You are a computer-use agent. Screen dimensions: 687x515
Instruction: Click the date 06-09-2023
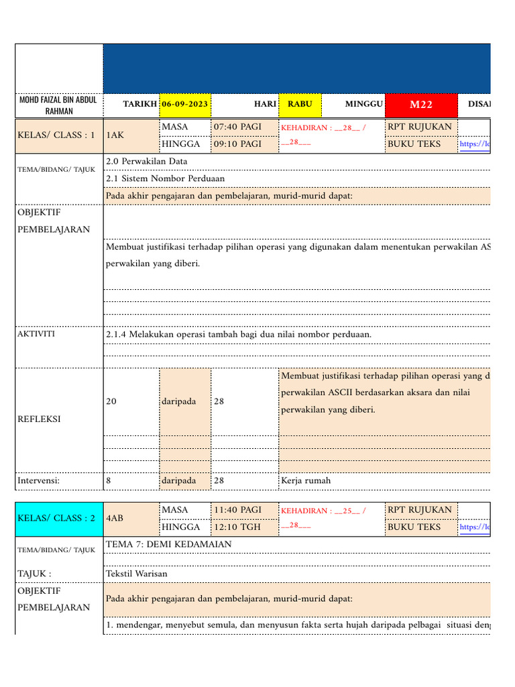[184, 105]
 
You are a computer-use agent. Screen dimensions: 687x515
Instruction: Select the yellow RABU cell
[300, 105]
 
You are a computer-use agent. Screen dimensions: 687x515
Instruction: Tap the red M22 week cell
[420, 105]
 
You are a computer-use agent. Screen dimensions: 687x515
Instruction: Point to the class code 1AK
[115, 135]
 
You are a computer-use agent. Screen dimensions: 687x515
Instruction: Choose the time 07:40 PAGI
[237, 127]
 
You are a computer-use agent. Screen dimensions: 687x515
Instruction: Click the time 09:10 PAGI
[237, 144]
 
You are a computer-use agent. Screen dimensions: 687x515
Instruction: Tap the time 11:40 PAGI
[237, 510]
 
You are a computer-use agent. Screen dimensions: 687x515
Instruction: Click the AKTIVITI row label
[36, 333]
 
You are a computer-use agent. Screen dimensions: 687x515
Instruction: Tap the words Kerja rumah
[306, 480]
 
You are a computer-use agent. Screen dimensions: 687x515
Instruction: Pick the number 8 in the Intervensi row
[109, 480]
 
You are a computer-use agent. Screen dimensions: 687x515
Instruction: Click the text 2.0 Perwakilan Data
[147, 161]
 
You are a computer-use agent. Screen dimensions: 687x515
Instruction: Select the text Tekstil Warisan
[137, 574]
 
